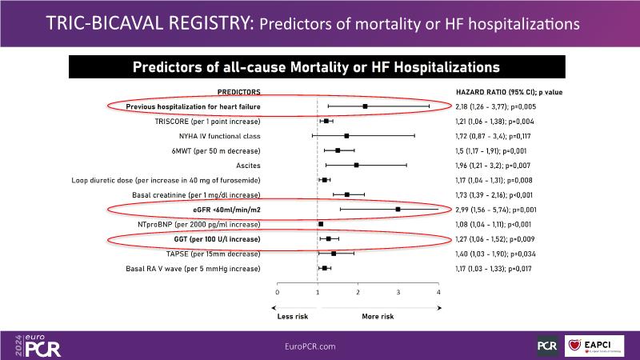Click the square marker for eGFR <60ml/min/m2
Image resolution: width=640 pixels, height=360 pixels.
pyautogui.click(x=398, y=210)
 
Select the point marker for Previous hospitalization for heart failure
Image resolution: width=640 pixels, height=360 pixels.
pyautogui.click(x=365, y=106)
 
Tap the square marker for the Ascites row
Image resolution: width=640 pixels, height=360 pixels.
pyautogui.click(x=356, y=165)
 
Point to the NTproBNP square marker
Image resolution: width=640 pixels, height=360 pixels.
pyautogui.click(x=321, y=224)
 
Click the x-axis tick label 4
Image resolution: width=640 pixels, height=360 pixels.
pyautogui.click(x=438, y=293)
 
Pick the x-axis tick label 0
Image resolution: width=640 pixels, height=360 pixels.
pyautogui.click(x=277, y=293)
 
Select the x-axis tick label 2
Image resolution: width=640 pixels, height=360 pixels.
pyautogui.click(x=358, y=293)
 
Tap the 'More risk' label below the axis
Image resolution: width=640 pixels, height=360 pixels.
pyautogui.click(x=378, y=316)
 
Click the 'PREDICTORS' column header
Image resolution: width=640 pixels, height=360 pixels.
pyautogui.click(x=239, y=92)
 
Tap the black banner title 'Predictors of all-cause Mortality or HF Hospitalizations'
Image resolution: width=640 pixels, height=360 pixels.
pyautogui.click(x=320, y=66)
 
